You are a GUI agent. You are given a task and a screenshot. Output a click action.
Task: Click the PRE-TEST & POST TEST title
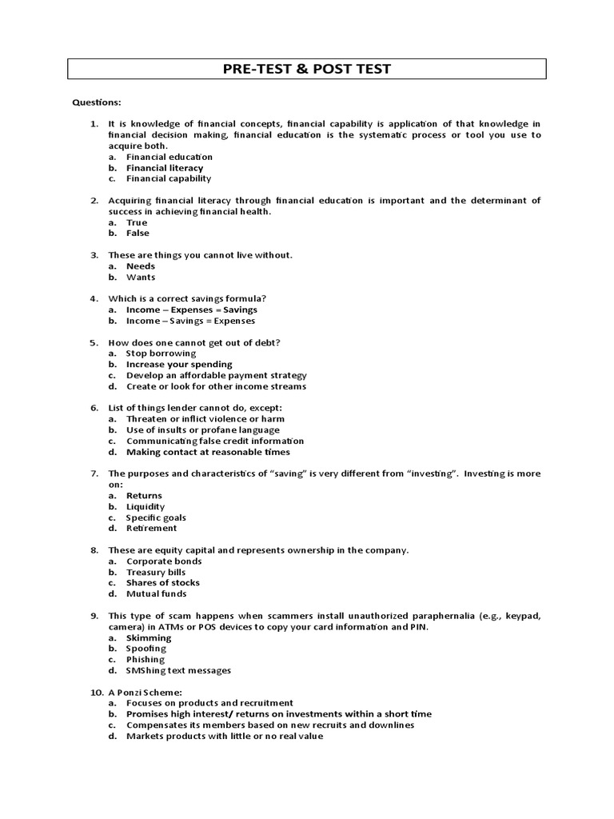(307, 69)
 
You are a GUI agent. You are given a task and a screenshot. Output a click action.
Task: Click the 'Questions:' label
(98, 102)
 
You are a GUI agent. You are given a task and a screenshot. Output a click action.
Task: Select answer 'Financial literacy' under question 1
(165, 168)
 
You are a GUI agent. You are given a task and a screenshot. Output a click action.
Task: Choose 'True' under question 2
(137, 222)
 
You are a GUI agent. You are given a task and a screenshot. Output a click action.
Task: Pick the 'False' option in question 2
(138, 234)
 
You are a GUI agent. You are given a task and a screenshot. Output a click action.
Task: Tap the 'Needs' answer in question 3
(141, 266)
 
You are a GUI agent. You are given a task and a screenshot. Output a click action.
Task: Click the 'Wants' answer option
(141, 278)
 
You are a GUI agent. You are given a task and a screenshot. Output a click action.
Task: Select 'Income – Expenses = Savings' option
(192, 310)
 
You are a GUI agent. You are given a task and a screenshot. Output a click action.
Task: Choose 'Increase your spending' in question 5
(179, 364)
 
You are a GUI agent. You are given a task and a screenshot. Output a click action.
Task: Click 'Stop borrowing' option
(161, 353)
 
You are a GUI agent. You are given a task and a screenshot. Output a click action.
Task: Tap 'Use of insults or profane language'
(204, 429)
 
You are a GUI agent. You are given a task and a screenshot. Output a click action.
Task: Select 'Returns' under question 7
(144, 496)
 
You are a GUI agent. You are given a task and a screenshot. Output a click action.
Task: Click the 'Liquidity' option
(146, 506)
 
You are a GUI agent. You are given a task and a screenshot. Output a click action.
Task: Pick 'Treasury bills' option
(157, 572)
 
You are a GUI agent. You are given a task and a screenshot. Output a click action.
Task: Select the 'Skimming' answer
(149, 637)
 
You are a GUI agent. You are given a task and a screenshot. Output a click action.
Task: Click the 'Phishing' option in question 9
(146, 659)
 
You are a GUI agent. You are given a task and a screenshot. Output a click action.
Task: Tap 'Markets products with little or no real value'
(225, 736)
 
